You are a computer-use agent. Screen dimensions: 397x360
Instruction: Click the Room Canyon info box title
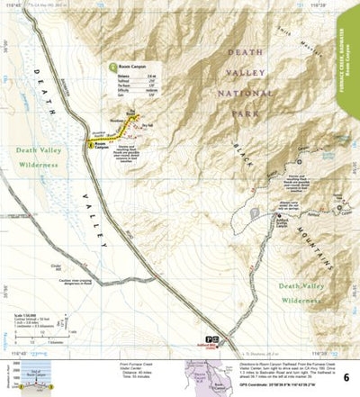pyautogui.click(x=131, y=66)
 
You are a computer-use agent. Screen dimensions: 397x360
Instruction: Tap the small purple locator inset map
pyautogui.click(x=200, y=375)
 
